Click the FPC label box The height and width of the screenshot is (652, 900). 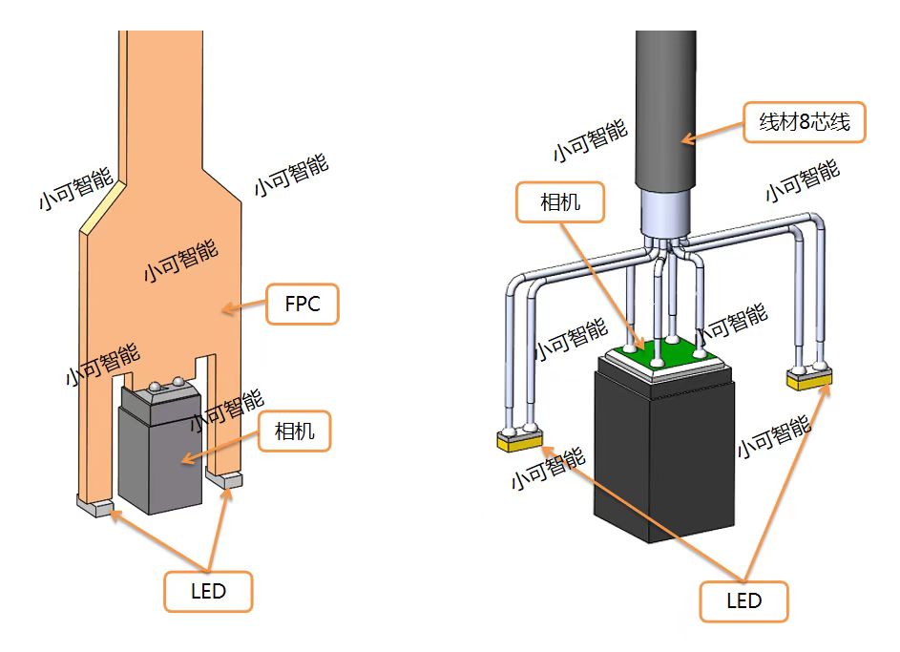pyautogui.click(x=302, y=305)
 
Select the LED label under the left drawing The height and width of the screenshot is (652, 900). pyautogui.click(x=208, y=591)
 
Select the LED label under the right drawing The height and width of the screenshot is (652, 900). pyautogui.click(x=743, y=600)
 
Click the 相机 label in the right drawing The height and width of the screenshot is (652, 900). pyautogui.click(x=560, y=201)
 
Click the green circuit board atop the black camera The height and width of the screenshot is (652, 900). pyautogui.click(x=659, y=354)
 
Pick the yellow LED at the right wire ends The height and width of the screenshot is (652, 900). pyautogui.click(x=809, y=380)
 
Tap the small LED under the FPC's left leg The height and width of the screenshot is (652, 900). pyautogui.click(x=95, y=506)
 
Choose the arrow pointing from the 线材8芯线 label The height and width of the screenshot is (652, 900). pyautogui.click(x=712, y=133)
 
